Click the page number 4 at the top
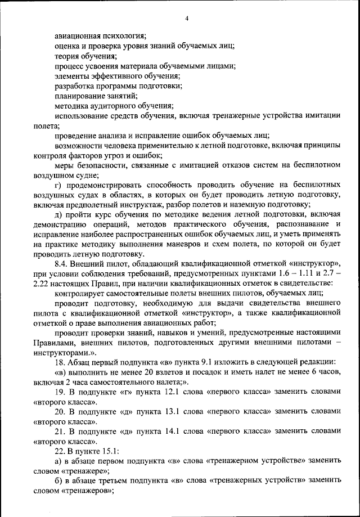tap(186, 19)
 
